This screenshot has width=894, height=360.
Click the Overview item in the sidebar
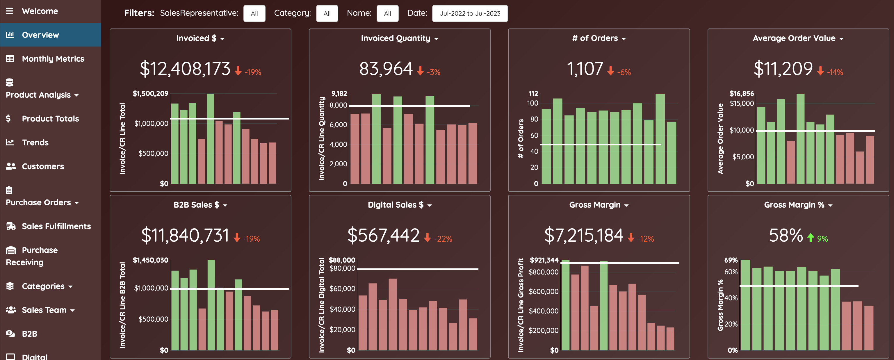[40, 35]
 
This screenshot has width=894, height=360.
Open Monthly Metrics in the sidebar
[53, 59]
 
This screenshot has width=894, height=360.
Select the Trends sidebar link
[35, 142]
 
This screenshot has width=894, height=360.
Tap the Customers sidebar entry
[43, 166]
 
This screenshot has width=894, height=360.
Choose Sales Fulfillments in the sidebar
[56, 226]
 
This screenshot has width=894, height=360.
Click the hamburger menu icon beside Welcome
[9, 11]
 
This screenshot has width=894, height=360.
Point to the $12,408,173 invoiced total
[185, 68]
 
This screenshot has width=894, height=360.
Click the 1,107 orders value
[585, 68]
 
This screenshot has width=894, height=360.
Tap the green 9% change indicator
[818, 238]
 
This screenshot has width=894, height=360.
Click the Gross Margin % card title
[794, 205]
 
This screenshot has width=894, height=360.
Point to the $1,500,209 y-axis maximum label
[150, 93]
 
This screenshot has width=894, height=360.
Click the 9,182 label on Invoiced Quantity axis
[339, 93]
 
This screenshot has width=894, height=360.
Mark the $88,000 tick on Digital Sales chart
[342, 260]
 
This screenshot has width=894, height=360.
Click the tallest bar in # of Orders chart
[660, 138]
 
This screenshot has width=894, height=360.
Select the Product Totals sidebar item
[50, 118]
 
